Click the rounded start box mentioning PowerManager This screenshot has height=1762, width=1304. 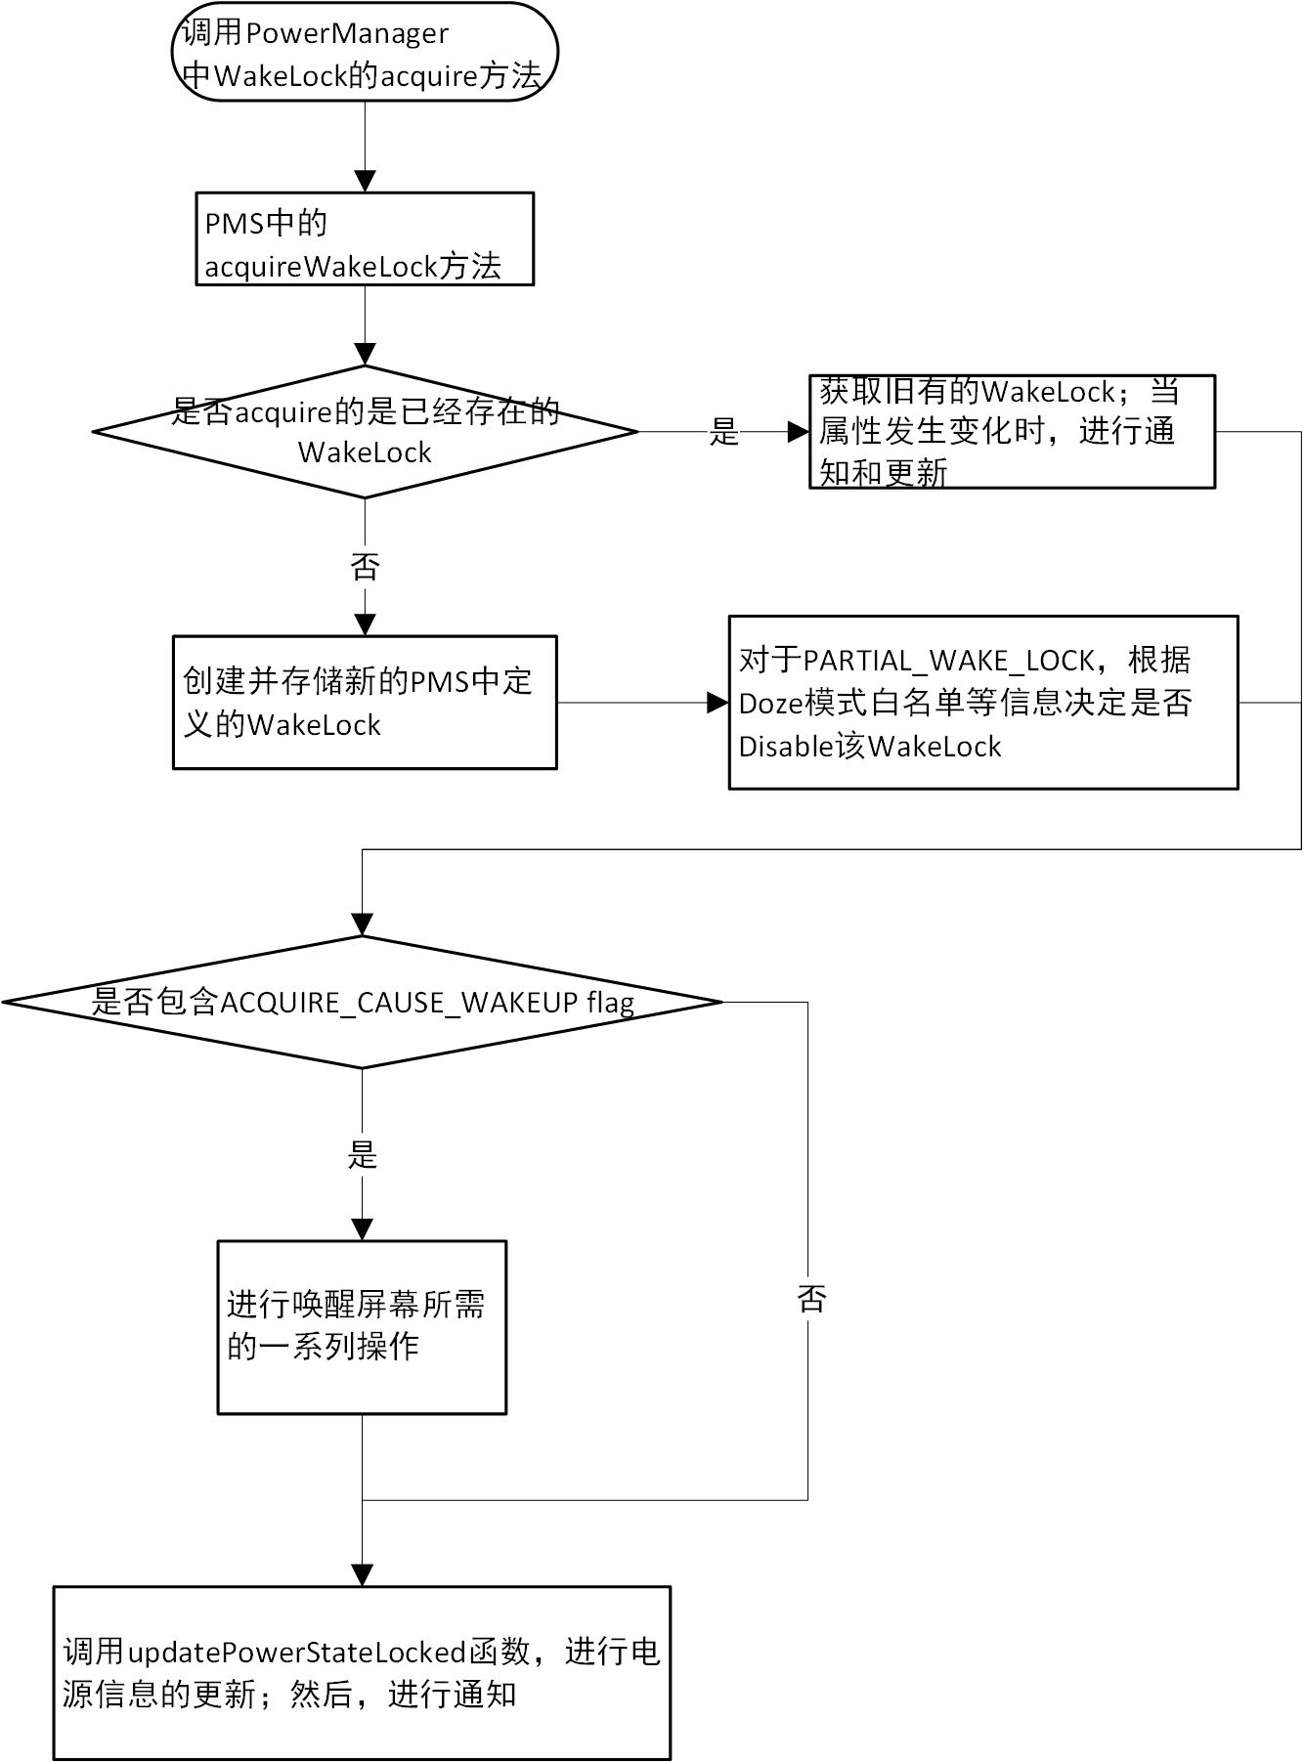(365, 53)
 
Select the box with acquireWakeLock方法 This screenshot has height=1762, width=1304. (365, 239)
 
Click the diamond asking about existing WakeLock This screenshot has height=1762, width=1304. (365, 432)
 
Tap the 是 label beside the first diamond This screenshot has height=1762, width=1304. (724, 432)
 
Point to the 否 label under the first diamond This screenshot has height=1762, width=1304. (365, 567)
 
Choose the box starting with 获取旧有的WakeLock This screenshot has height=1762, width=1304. (1012, 432)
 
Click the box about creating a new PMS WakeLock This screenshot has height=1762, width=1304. (365, 703)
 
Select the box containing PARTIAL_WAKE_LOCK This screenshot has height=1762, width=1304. (982, 703)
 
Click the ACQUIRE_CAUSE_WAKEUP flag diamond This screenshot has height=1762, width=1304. (362, 1003)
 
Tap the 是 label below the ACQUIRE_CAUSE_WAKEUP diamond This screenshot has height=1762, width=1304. (362, 1155)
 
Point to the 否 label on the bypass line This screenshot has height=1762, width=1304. (811, 1299)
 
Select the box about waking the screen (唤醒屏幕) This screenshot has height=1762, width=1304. (362, 1327)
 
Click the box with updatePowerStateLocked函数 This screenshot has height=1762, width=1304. (362, 1673)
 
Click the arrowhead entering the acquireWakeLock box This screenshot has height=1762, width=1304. (365, 182)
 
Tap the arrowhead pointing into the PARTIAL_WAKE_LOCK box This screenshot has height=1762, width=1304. (718, 703)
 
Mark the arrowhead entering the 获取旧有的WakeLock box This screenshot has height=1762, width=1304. (799, 432)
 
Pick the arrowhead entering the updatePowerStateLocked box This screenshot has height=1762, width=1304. (362, 1575)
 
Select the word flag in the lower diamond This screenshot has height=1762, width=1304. (610, 1003)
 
